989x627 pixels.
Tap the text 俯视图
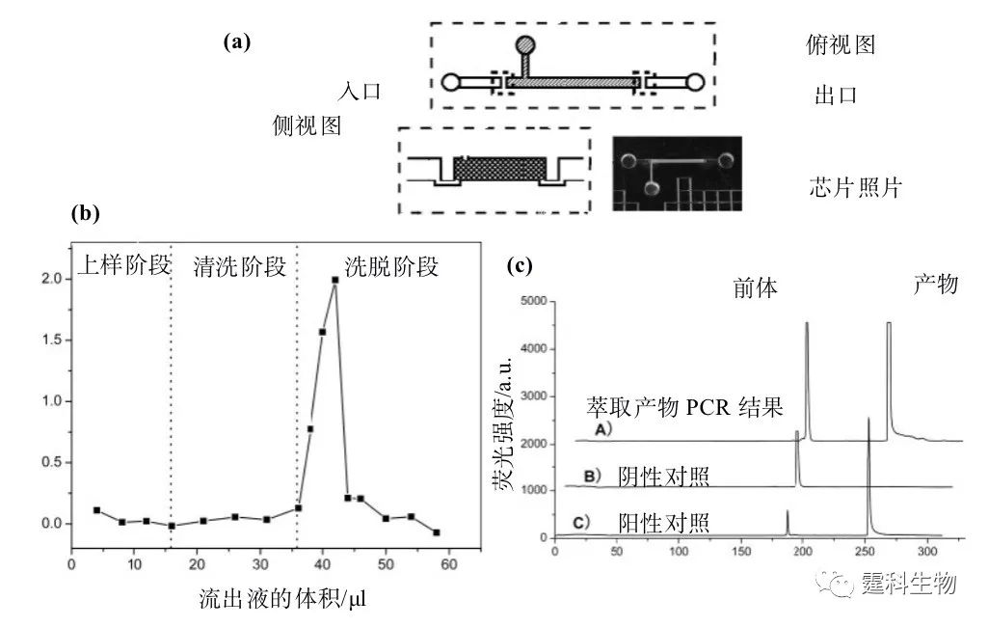(841, 44)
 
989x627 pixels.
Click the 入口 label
(360, 91)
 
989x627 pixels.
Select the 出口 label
(836, 95)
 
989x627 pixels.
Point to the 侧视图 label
(307, 125)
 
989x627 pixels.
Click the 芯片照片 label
(855, 187)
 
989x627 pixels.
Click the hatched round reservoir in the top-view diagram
(525, 45)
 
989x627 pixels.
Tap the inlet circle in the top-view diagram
(450, 82)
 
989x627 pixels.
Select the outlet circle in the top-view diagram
(695, 82)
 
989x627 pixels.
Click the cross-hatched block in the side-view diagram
(499, 169)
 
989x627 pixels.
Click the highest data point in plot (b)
(334, 280)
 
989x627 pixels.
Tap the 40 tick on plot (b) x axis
(322, 564)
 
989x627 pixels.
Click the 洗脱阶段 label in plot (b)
(391, 266)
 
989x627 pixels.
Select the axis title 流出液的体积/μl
(281, 598)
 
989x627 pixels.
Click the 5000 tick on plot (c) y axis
(534, 301)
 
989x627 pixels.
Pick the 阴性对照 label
(663, 477)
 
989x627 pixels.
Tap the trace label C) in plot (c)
(581, 523)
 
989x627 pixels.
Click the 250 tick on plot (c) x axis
(865, 551)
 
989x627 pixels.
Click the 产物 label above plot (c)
(936, 285)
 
